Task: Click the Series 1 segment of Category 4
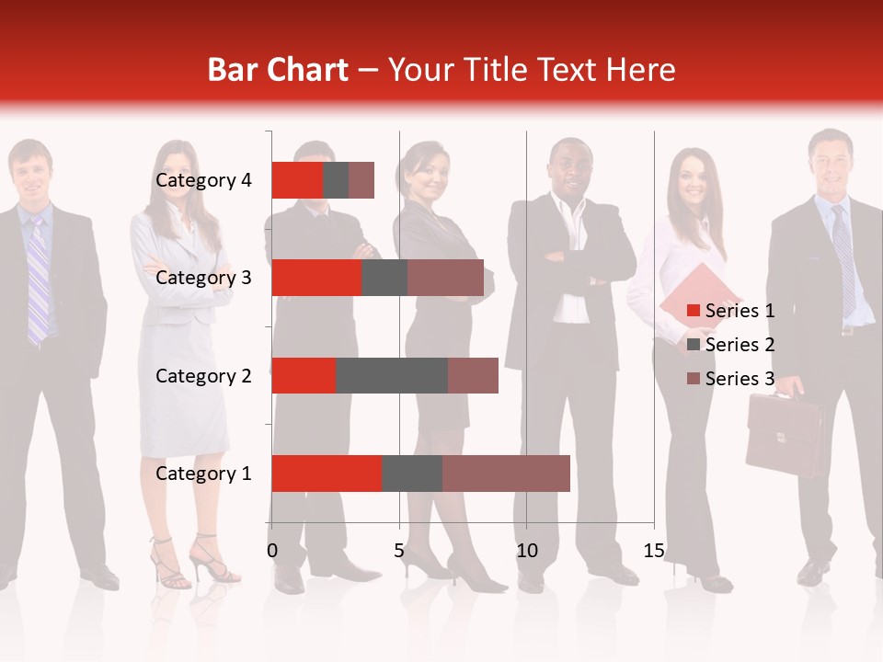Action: tap(297, 180)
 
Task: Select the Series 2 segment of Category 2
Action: tap(392, 375)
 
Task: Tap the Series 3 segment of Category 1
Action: tap(506, 474)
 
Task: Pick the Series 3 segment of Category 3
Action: tap(445, 278)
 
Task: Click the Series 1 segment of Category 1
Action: tap(327, 474)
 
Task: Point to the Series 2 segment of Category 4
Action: tap(336, 180)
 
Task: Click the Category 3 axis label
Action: tap(203, 278)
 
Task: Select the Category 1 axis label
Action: tap(203, 474)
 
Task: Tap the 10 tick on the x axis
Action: tap(526, 551)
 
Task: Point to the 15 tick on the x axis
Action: tap(654, 551)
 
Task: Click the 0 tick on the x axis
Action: tap(271, 551)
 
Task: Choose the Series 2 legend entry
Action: tap(740, 345)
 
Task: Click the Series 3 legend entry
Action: tap(740, 379)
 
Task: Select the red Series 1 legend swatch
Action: tap(694, 311)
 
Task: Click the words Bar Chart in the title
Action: tap(278, 70)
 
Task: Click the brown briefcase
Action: tap(785, 435)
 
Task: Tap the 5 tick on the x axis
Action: tap(399, 551)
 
